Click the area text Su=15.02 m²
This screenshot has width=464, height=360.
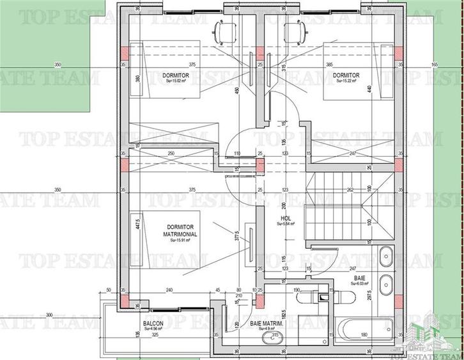pyautogui.click(x=173, y=81)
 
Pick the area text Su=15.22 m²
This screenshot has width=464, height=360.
pyautogui.click(x=346, y=81)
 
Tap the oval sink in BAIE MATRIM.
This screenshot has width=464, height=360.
pyautogui.click(x=275, y=336)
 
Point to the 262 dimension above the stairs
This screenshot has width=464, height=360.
pyautogui.click(x=350, y=189)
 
